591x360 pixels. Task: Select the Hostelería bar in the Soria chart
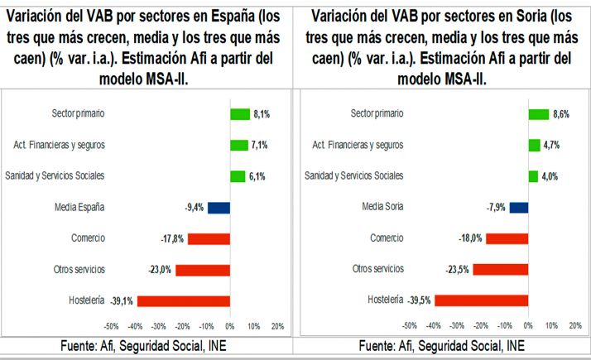(x=482, y=300)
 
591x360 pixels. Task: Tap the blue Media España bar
(x=219, y=207)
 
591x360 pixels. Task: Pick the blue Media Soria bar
(x=519, y=207)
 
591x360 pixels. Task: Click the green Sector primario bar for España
(x=239, y=113)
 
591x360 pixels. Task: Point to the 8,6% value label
(x=562, y=113)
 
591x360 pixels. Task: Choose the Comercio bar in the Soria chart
(x=507, y=238)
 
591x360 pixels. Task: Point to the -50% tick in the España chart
(x=111, y=326)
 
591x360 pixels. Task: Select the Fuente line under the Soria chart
(x=444, y=345)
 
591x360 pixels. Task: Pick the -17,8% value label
(x=172, y=238)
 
